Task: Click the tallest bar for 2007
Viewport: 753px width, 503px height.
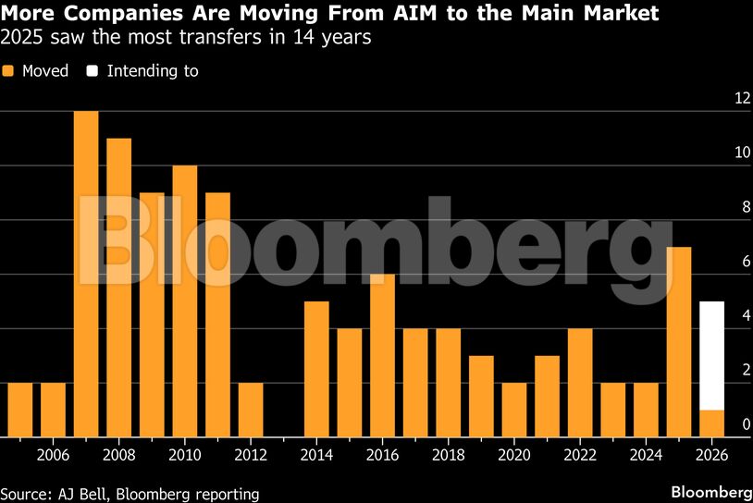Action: (86, 274)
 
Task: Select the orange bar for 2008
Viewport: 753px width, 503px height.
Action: (118, 288)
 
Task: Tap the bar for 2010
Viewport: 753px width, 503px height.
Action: (185, 301)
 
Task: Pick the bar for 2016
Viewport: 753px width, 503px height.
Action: (382, 355)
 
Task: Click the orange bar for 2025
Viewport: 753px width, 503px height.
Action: (679, 342)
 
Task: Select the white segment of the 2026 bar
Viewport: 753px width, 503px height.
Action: (711, 356)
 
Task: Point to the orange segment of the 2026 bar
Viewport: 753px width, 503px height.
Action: (711, 423)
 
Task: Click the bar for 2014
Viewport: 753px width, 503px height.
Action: (316, 369)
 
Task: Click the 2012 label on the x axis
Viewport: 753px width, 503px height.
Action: (251, 455)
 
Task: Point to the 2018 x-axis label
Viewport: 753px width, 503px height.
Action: (448, 455)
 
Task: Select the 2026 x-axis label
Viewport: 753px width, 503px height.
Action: (711, 455)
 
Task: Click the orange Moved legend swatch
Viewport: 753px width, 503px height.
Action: (8, 71)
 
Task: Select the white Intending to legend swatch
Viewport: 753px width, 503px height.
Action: (93, 71)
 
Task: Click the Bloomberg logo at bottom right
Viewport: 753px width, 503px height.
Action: (710, 491)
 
